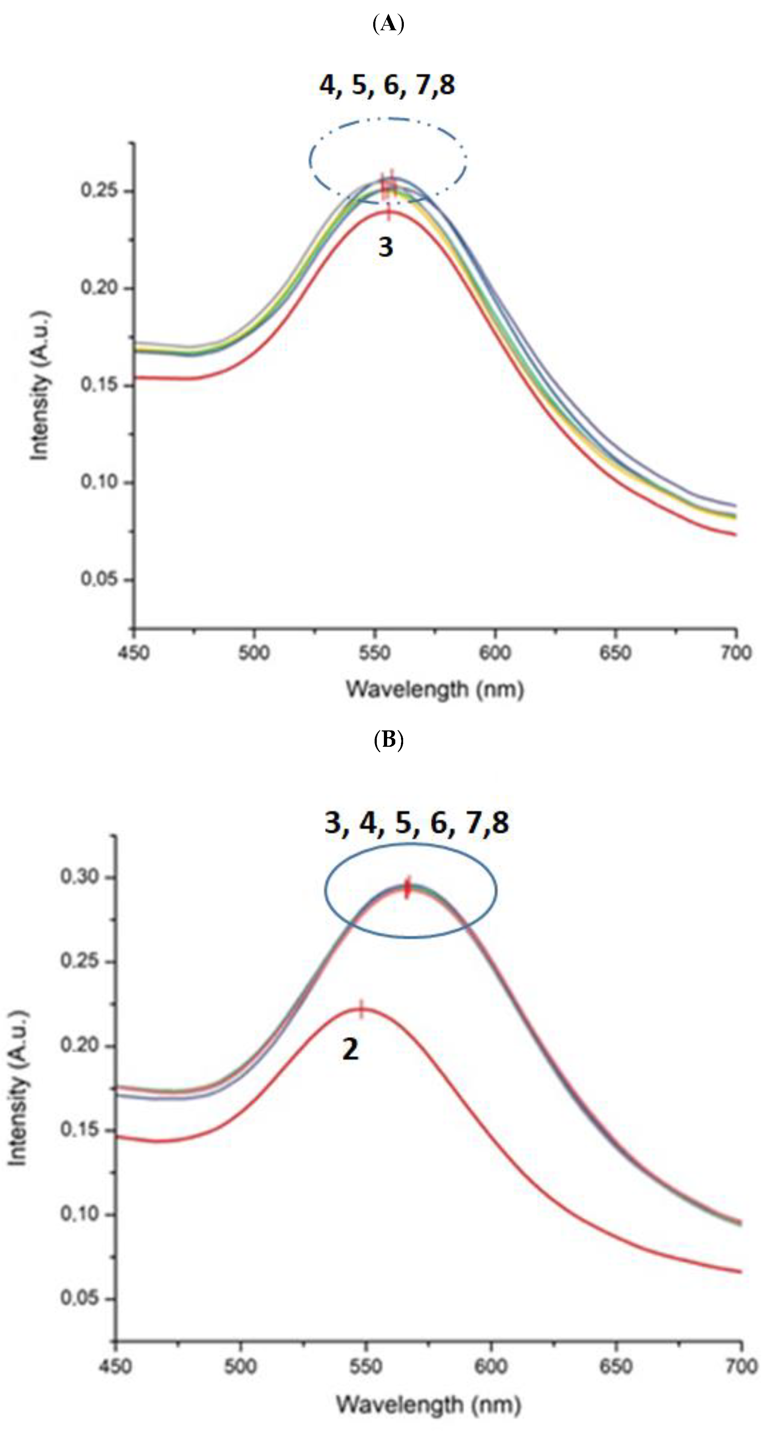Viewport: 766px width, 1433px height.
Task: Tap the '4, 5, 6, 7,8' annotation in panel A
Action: pos(387,85)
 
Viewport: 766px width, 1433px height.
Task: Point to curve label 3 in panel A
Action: pos(386,246)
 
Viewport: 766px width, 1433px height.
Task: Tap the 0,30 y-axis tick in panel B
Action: pos(79,877)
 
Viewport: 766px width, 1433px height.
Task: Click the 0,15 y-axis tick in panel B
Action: pos(79,1130)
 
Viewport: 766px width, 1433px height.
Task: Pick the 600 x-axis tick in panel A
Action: pos(495,652)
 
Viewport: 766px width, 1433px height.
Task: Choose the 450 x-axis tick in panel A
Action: pos(134,652)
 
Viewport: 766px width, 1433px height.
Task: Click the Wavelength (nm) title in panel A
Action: pos(435,689)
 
